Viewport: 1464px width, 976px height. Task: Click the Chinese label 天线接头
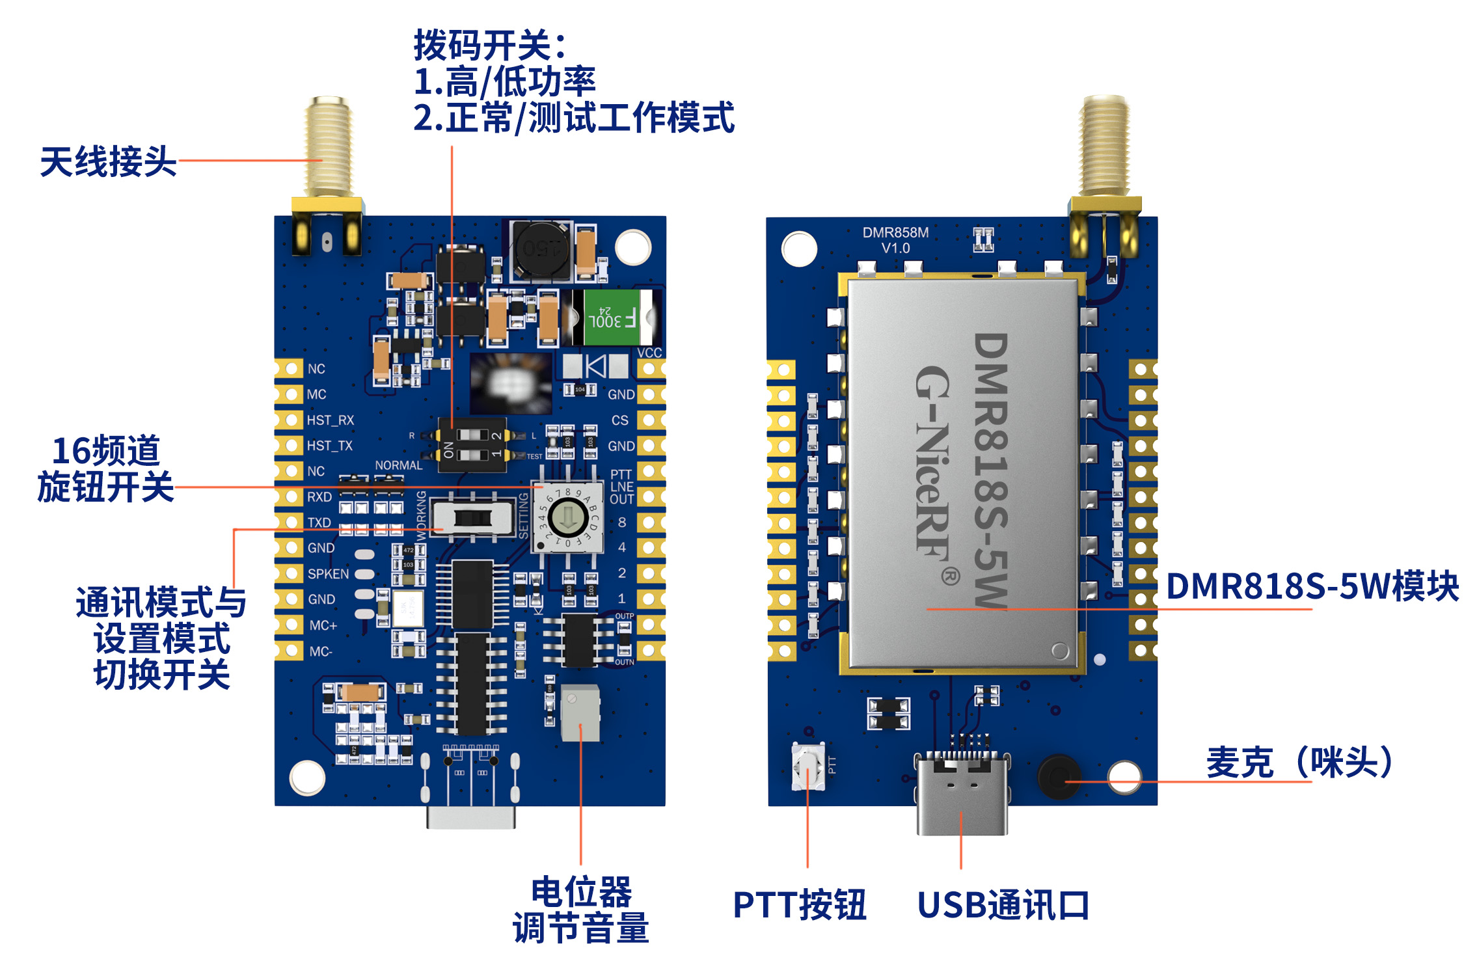coord(108,161)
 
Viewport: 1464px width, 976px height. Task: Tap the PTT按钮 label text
coord(800,904)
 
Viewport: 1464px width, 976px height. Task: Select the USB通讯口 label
coord(1003,904)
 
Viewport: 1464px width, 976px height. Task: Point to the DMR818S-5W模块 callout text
coord(1312,586)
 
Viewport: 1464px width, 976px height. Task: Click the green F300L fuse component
coord(612,317)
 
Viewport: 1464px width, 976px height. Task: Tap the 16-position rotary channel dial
coord(567,518)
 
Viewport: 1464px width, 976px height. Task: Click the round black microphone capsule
coord(1058,776)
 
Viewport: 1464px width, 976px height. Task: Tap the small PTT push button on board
coord(807,766)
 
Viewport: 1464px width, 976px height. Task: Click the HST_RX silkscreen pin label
coord(331,420)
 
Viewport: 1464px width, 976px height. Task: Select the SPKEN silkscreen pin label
coord(328,574)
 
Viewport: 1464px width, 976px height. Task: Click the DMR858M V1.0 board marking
coord(895,240)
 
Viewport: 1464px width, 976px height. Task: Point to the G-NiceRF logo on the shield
coord(934,462)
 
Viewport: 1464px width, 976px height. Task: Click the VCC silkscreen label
coord(649,353)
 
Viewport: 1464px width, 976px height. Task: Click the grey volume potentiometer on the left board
coord(580,712)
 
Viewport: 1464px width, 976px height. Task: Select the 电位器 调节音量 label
coord(581,909)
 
